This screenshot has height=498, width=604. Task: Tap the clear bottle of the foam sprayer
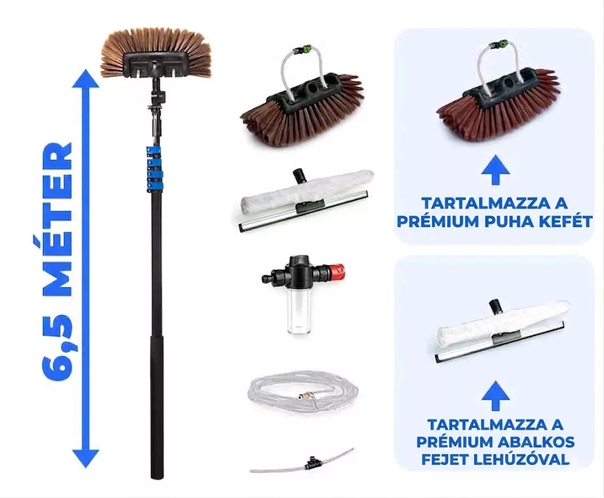coord(298,316)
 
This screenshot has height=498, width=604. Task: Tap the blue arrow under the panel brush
coord(495,169)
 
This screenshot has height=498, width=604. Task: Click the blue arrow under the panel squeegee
coord(495,395)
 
